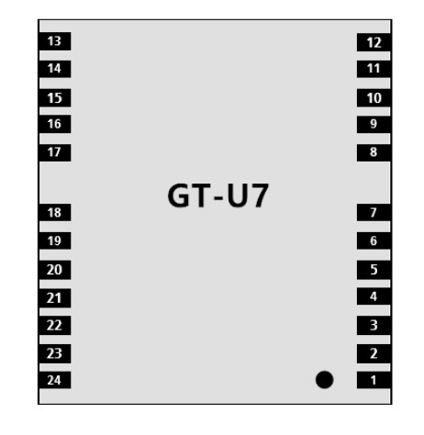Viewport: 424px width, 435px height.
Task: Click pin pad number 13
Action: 55,41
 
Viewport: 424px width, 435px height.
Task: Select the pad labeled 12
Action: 374,42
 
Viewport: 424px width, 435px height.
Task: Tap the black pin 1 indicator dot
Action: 324,380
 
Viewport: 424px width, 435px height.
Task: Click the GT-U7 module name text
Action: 218,195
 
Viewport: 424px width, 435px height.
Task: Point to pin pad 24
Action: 55,380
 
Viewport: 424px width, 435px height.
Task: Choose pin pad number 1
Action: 374,380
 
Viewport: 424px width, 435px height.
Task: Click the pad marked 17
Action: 55,152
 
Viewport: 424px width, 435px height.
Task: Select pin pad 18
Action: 55,212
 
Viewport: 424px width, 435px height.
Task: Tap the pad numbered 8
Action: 374,152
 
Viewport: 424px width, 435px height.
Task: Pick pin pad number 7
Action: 374,212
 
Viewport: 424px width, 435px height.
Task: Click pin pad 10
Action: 374,98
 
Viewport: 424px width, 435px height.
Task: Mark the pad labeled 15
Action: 55,98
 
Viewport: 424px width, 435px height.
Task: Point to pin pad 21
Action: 55,298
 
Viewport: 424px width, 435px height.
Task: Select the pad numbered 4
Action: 374,296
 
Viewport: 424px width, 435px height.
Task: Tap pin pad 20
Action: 55,270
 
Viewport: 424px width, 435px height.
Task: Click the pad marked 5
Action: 374,270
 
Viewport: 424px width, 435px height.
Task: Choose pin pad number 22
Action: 55,325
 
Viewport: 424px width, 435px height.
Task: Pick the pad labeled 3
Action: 374,325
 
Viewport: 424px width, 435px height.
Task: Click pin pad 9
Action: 374,124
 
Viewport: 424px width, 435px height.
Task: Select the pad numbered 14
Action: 55,69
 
